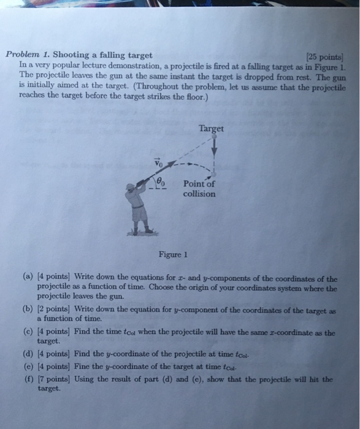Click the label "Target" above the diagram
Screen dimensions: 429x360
[211, 129]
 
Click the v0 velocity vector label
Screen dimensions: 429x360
[158, 164]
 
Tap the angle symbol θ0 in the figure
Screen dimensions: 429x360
[161, 181]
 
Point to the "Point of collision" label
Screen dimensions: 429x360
[199, 189]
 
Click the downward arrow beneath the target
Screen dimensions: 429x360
[215, 148]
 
